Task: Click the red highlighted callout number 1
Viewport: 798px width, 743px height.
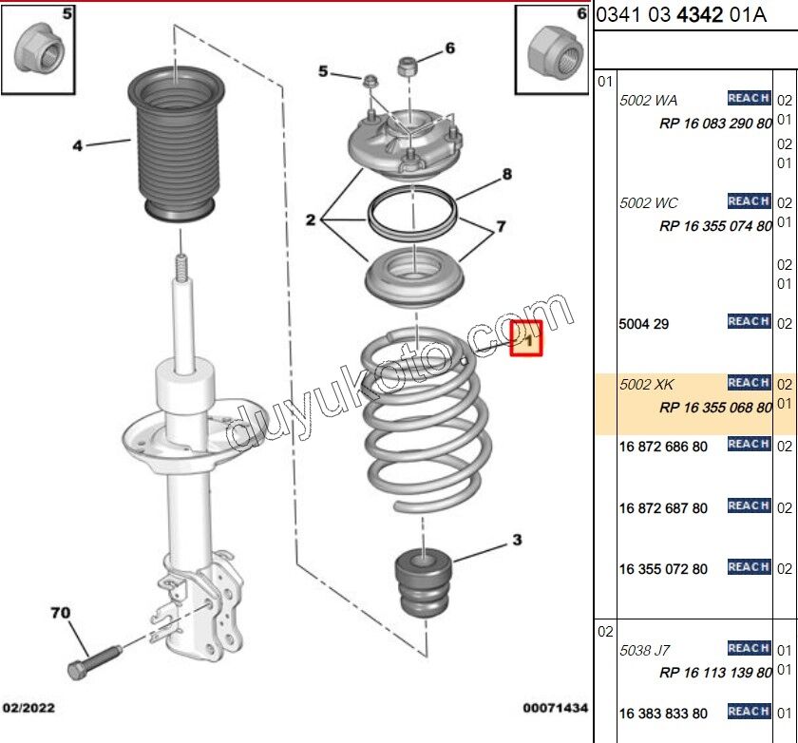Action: point(526,337)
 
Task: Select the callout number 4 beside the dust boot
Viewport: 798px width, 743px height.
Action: point(78,145)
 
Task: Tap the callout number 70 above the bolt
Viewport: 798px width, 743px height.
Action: point(60,614)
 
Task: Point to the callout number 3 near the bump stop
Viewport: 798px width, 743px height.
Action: point(517,541)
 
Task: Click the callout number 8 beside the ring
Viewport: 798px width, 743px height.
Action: point(507,174)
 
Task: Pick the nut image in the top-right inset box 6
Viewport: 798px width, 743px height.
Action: point(553,51)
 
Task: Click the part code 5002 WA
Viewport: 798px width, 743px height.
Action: point(648,99)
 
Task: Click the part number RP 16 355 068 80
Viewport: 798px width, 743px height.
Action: point(714,408)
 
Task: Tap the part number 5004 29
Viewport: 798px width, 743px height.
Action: point(643,324)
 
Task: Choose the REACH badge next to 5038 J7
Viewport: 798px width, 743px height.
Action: point(748,648)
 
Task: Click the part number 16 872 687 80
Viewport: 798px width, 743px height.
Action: point(662,508)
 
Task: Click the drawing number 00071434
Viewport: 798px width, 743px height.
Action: point(555,708)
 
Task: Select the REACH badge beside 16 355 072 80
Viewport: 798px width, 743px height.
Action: point(748,567)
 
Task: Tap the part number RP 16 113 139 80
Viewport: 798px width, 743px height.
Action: point(714,673)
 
